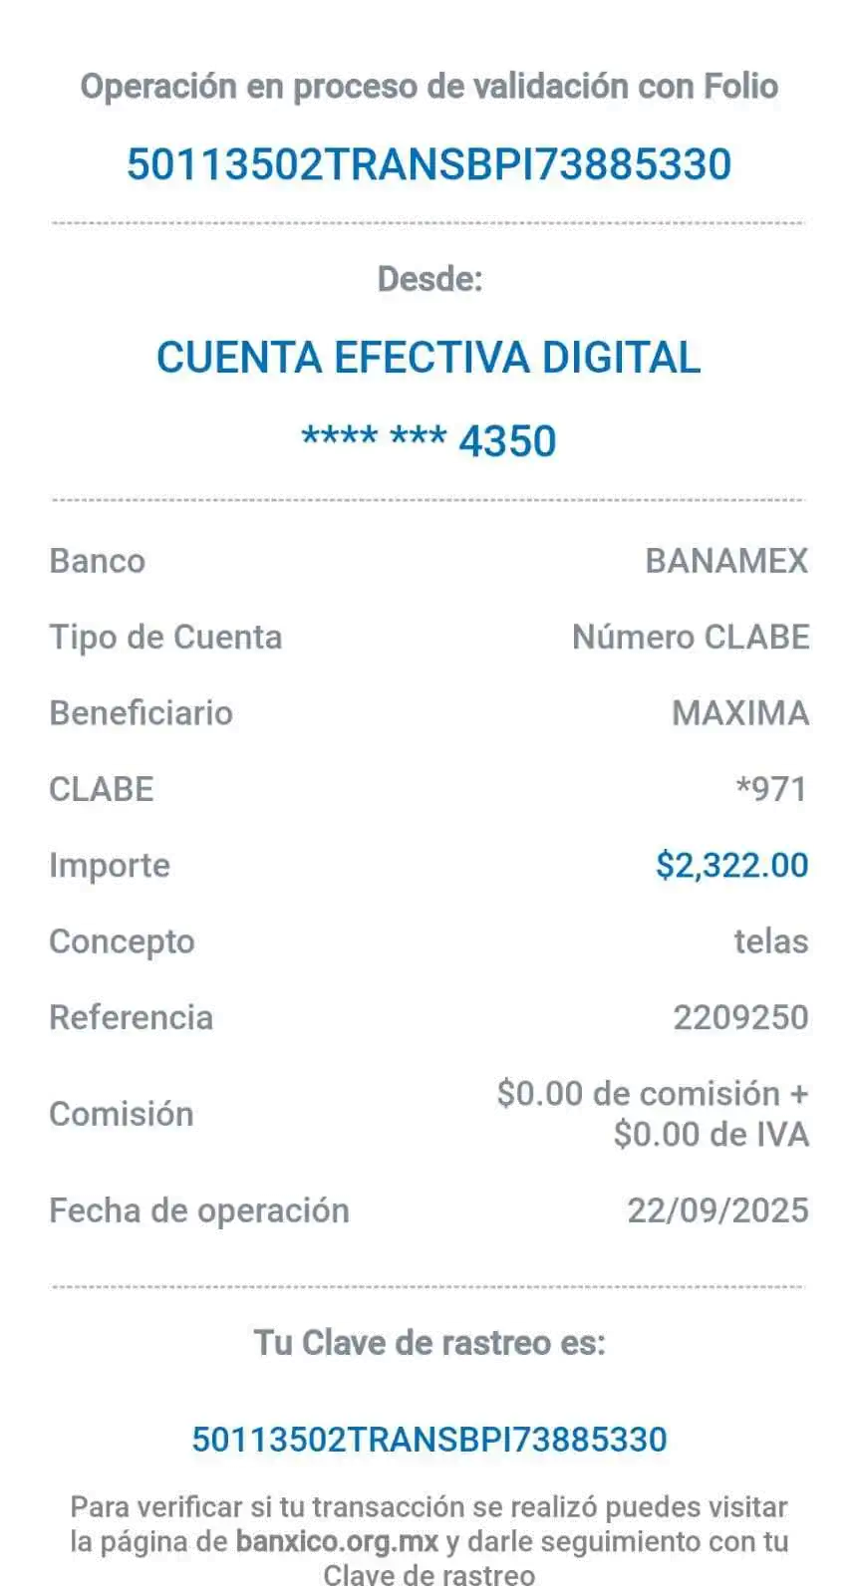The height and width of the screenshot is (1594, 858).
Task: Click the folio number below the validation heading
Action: pos(429,164)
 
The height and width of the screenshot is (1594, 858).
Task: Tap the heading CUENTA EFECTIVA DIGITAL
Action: pos(429,357)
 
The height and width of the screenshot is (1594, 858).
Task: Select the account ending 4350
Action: pos(429,440)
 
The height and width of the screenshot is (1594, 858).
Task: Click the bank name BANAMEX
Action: pos(726,561)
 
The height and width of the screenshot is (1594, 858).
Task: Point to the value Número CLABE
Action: pos(691,637)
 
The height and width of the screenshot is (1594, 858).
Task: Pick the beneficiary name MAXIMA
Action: pos(739,713)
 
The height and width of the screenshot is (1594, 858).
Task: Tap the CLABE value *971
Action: pos(771,789)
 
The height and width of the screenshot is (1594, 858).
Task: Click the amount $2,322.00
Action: pos(731,865)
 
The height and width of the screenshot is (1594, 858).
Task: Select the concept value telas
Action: pos(771,941)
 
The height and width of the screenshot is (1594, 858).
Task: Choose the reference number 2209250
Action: pos(740,1017)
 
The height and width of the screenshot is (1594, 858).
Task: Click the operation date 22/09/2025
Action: pos(717,1210)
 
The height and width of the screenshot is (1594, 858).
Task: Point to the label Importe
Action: pos(110,866)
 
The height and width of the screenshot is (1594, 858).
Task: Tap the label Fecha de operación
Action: pos(199,1211)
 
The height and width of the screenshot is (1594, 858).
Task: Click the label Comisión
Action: pos(122,1114)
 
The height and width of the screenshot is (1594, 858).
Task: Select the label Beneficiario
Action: pos(142,713)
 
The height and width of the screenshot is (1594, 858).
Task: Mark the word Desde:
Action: pos(429,279)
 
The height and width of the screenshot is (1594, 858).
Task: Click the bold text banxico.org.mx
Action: pos(337,1542)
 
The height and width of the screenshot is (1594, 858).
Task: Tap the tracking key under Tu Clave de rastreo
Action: pos(429,1440)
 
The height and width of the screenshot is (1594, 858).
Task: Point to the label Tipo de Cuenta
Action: pos(165,638)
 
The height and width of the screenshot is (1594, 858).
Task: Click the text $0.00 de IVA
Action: pos(711,1135)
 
